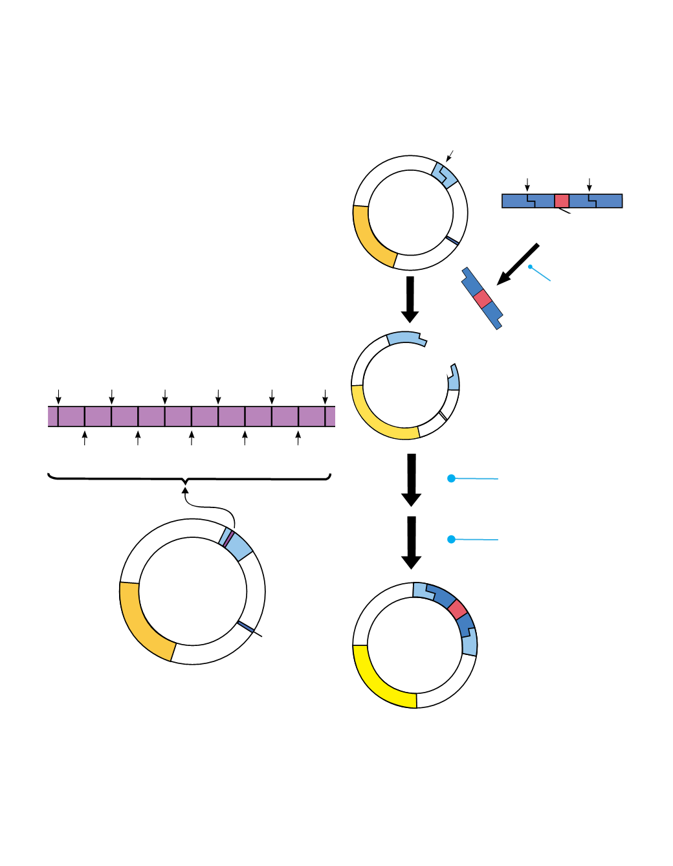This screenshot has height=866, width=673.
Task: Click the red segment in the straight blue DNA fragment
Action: click(x=562, y=201)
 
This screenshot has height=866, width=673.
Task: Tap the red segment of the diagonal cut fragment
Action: click(x=482, y=299)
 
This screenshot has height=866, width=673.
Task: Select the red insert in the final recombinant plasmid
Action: click(x=458, y=610)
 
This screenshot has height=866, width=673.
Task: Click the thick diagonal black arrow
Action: click(x=518, y=264)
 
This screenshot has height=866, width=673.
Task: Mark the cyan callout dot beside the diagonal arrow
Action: click(x=530, y=266)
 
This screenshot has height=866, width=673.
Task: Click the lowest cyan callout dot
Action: click(x=452, y=539)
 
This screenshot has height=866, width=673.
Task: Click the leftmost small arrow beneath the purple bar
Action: click(x=85, y=438)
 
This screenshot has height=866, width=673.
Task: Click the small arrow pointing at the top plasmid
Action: click(x=450, y=156)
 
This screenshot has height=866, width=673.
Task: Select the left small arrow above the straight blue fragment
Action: click(x=527, y=184)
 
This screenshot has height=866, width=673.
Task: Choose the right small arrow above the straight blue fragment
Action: click(x=589, y=184)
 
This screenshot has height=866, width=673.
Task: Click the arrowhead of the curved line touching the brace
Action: click(x=185, y=491)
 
